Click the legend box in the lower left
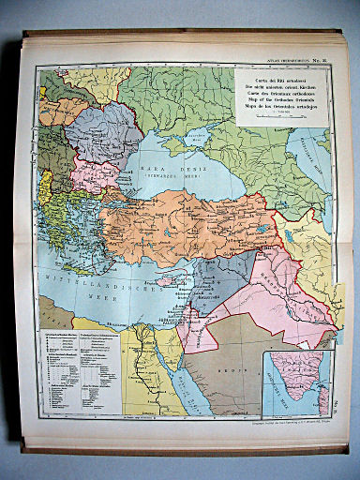coord(78,370)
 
